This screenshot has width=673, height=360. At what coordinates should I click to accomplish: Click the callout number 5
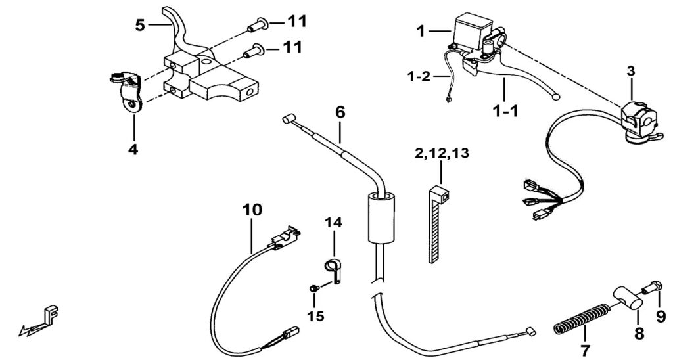click(x=141, y=25)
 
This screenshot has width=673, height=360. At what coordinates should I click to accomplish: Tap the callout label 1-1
click(x=505, y=112)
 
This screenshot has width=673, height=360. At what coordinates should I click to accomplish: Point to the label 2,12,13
click(x=442, y=153)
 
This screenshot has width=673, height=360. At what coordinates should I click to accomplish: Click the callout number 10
click(x=252, y=210)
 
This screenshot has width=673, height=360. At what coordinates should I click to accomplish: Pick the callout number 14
click(x=333, y=223)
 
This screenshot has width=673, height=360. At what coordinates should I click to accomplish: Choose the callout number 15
click(x=315, y=316)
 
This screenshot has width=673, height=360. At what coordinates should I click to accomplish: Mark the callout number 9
click(x=660, y=317)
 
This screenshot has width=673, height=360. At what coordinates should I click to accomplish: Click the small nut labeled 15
click(x=313, y=289)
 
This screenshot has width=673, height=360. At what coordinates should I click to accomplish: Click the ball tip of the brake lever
click(x=556, y=97)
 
